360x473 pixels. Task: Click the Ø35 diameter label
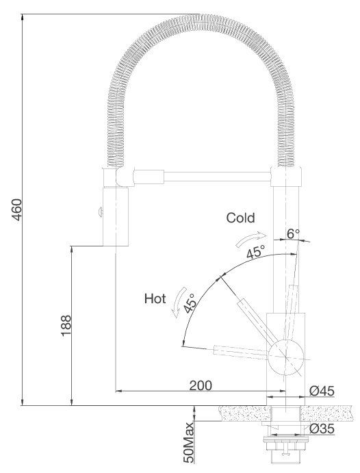tap(320, 430)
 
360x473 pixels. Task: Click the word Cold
tap(240, 218)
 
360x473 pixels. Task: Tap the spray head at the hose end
tap(114, 215)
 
